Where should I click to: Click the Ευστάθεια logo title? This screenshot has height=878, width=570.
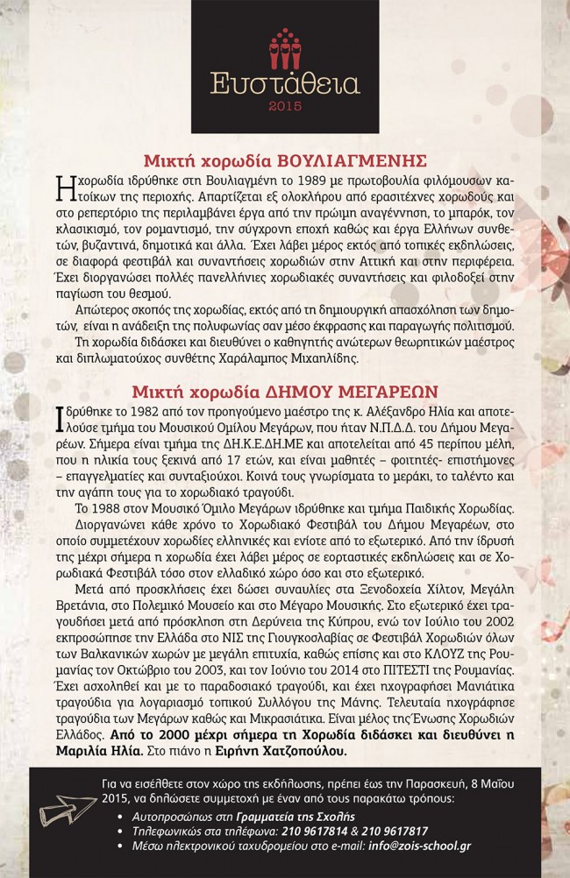tap(285, 84)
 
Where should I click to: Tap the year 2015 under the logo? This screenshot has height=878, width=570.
tap(285, 108)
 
